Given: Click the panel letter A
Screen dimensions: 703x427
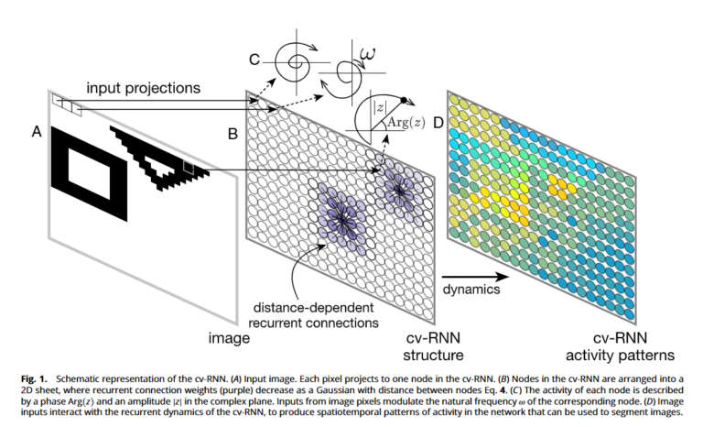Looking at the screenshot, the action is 37,132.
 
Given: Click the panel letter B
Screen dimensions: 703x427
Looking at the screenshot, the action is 233,134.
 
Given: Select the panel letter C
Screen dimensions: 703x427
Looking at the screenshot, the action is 254,60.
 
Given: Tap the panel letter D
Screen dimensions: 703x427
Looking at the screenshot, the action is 438,122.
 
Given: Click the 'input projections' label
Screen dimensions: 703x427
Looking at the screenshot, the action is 144,88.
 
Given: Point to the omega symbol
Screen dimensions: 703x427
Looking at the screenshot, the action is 368,55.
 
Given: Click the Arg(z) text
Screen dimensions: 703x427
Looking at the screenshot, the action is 406,122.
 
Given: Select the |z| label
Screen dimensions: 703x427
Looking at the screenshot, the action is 379,107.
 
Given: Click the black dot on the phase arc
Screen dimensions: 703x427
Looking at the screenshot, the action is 404,100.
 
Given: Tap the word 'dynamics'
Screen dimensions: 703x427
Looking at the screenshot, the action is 471,290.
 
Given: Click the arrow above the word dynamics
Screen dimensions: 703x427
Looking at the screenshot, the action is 476,277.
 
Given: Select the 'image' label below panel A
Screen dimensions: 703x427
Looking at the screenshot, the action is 229,337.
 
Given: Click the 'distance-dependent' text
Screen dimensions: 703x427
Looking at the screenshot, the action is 313,308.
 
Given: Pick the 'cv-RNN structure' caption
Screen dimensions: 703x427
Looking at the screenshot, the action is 433,346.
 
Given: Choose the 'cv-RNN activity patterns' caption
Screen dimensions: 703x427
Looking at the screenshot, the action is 620,346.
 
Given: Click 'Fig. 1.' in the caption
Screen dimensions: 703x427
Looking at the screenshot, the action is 34,378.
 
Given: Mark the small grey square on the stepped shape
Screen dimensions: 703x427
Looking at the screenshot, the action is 189,167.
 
